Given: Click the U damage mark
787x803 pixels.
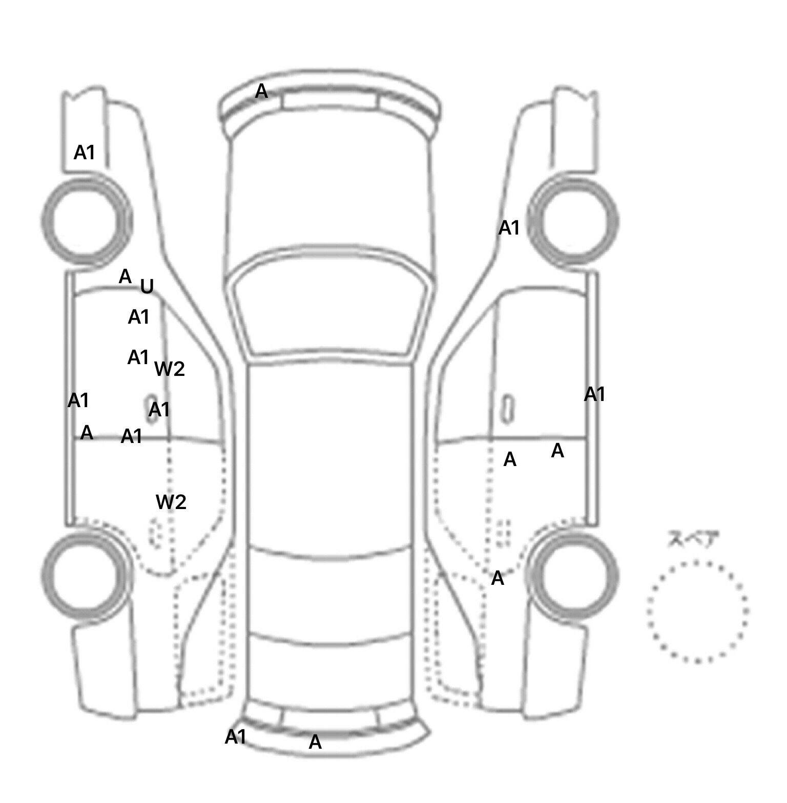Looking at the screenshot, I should pos(147,286).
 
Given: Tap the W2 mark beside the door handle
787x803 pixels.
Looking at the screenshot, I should pos(170,369).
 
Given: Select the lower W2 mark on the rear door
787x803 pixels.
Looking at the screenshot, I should pos(171,502).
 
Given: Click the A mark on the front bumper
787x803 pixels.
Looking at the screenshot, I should pos(261,92).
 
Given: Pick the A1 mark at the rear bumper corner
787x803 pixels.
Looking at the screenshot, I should pos(236,737).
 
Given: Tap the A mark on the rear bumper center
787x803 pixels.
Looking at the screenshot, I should pos(315,742).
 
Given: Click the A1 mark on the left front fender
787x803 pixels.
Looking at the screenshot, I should pos(85,152).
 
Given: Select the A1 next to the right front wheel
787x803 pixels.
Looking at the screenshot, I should pos(509,228).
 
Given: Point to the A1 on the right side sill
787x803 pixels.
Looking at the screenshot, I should pos(595,394).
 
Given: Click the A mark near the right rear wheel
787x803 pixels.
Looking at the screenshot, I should pos(498,579).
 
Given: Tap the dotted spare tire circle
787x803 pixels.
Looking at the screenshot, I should pos(697,612).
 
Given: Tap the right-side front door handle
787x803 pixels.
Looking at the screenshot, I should pos(507,409).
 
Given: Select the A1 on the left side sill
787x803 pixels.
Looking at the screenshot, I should pos(78,400).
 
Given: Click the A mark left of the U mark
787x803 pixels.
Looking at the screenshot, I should pos(125,277).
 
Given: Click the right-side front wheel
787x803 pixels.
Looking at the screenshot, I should pos(574,221).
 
